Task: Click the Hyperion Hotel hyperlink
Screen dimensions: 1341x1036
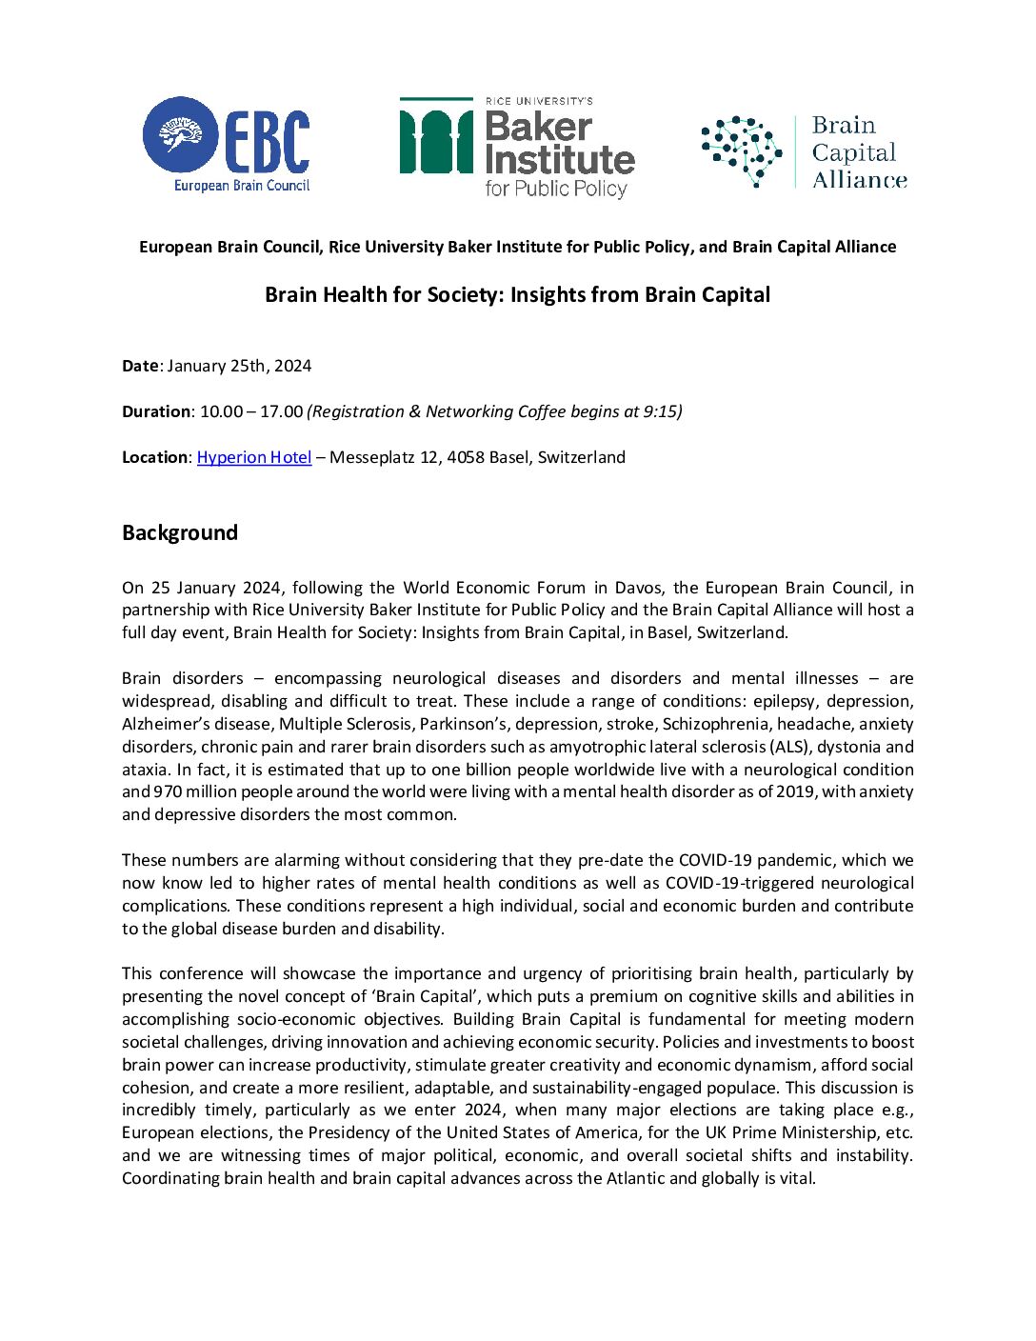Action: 254,457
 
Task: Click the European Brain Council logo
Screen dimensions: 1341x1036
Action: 227,144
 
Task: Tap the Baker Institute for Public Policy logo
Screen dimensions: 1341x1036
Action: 517,148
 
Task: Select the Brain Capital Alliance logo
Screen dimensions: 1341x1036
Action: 805,152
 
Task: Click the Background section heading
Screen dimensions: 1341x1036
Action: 180,532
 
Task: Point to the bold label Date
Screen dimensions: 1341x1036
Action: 140,366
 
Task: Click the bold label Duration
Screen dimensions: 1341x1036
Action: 156,411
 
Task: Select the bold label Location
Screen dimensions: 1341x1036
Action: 155,457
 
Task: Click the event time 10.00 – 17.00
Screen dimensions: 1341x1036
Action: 251,411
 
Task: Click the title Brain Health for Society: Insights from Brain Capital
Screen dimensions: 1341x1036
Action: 517,295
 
